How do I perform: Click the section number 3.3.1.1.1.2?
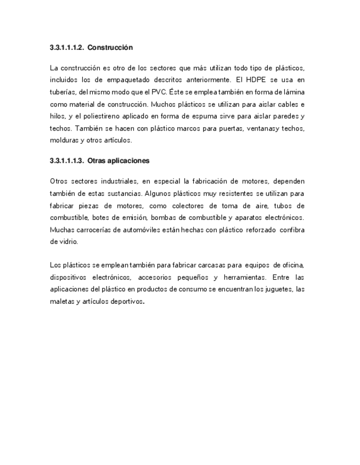point(66,48)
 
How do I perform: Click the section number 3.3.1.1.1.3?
point(66,161)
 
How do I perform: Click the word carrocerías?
point(88,230)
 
